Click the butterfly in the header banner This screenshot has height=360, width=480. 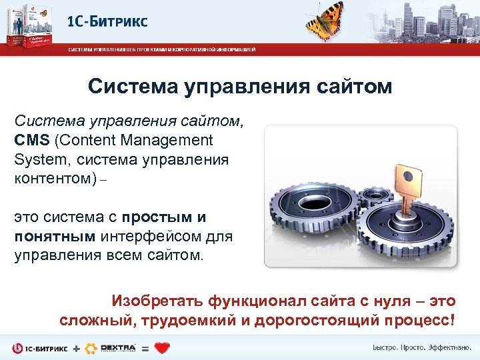click(327, 20)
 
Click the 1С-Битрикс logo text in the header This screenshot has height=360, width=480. click(107, 21)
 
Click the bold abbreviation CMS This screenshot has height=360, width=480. click(33, 140)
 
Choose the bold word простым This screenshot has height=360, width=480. click(159, 217)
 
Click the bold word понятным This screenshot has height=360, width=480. click(55, 237)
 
